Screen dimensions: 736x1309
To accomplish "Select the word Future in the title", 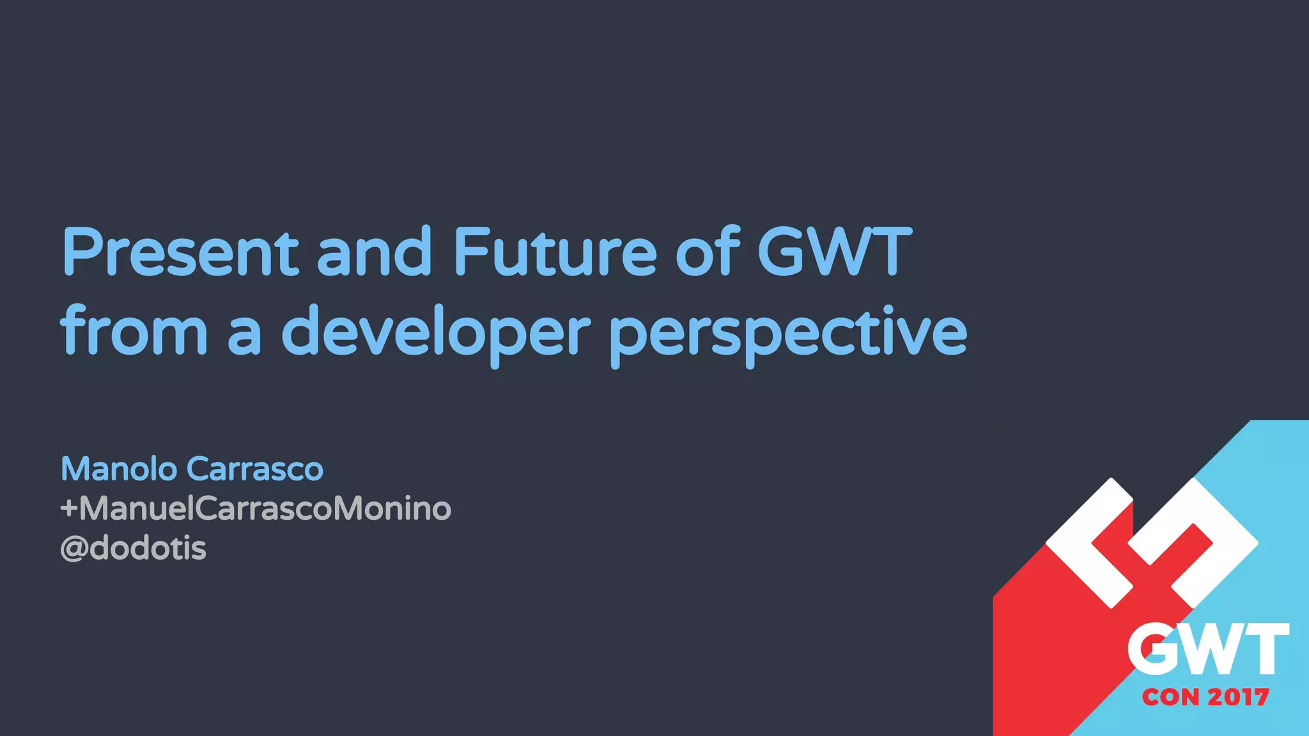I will click(x=555, y=252).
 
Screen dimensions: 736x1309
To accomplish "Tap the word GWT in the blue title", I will click(x=834, y=252).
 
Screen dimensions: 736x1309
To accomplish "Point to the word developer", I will click(x=436, y=332).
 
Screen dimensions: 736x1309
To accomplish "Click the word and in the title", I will click(x=375, y=252).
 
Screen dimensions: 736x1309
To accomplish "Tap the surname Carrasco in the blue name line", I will click(x=255, y=469).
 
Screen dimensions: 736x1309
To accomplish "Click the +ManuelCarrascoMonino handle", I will click(x=256, y=509).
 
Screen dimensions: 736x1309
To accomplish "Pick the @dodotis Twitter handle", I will click(x=134, y=548).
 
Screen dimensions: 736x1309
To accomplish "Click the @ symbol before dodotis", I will click(x=74, y=549).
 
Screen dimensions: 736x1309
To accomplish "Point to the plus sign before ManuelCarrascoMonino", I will click(x=68, y=509).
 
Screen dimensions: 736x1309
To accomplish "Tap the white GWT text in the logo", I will click(x=1207, y=650).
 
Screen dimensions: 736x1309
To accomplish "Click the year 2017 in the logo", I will click(x=1239, y=697).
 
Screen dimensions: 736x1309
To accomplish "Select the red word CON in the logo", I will click(x=1171, y=697).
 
